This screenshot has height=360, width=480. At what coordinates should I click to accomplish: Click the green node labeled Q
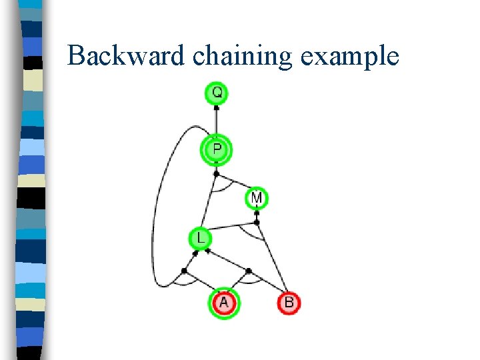[217, 93]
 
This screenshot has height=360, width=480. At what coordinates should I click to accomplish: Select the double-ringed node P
[217, 149]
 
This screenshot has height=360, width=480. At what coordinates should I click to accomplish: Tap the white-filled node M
[257, 198]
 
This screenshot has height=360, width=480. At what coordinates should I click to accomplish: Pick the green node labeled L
[201, 238]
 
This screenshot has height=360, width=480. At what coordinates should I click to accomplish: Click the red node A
[223, 303]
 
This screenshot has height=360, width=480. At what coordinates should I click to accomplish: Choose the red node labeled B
[289, 303]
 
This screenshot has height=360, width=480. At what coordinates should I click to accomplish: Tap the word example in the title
[349, 57]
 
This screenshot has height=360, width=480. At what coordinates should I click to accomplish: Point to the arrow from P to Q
[217, 120]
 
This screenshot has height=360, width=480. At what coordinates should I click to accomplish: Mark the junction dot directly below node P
[216, 174]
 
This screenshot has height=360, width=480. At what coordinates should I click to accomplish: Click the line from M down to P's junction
[235, 185]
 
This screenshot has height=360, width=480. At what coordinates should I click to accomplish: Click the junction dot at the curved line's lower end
[184, 271]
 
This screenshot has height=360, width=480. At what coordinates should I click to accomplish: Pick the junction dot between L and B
[248, 271]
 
